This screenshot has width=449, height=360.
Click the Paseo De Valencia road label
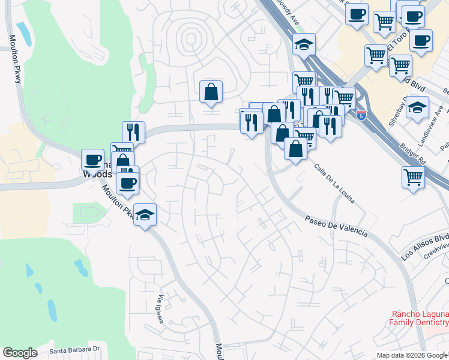click(x=335, y=227)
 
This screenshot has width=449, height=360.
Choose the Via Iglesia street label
click(x=160, y=309)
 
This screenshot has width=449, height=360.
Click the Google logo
click(x=20, y=352)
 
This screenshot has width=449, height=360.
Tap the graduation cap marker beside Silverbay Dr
click(x=417, y=107)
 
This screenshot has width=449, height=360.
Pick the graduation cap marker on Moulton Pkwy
click(x=145, y=214)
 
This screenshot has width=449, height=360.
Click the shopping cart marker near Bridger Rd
click(x=413, y=176)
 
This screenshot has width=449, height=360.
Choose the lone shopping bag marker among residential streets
click(x=211, y=91)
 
